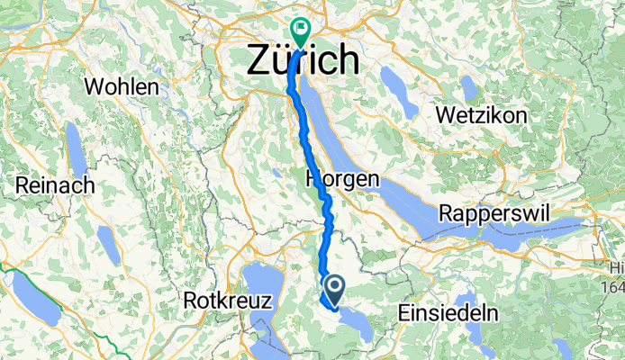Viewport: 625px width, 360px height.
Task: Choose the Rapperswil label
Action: [x=487, y=214]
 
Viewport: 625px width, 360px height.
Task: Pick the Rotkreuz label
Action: [x=227, y=301]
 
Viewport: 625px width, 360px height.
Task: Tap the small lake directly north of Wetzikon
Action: [x=468, y=87]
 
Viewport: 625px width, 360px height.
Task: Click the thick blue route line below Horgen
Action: [x=329, y=225]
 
